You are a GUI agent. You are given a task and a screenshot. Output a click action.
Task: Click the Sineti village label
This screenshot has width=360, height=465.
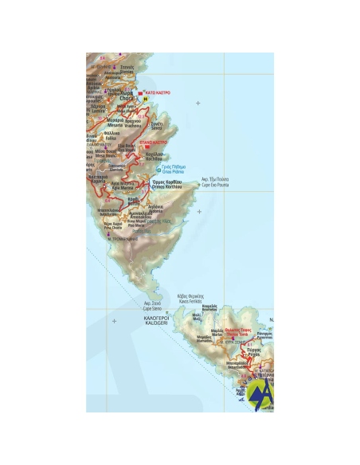click(157, 127)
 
